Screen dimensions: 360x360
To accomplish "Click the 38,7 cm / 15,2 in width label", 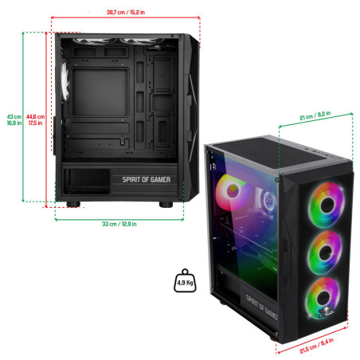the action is pyautogui.click(x=126, y=12).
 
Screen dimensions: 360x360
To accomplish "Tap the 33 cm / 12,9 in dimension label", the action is pyautogui.click(x=119, y=224).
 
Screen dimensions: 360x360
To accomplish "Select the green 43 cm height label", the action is pyautogui.click(x=14, y=119).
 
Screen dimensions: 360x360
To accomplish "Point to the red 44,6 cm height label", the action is pyautogui.click(x=35, y=119).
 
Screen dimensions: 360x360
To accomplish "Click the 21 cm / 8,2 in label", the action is pyautogui.click(x=315, y=115).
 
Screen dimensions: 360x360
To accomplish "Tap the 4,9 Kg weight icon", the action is pyautogui.click(x=185, y=280).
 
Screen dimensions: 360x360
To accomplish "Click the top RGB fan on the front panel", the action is pyautogui.click(x=327, y=205).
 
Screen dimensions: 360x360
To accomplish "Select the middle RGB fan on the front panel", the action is pyautogui.click(x=325, y=252).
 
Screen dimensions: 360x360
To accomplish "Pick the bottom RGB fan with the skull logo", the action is pyautogui.click(x=323, y=298).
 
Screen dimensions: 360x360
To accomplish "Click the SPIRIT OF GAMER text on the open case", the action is pyautogui.click(x=147, y=180).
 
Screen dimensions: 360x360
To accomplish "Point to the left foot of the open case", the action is pyautogui.click(x=73, y=204).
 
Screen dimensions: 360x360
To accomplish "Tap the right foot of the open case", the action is pyautogui.click(x=166, y=204).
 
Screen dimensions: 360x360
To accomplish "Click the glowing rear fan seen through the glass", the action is pyautogui.click(x=232, y=192).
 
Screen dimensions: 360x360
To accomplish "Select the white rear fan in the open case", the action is pyautogui.click(x=65, y=80).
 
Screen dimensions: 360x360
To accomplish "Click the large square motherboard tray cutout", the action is pyautogui.click(x=100, y=92).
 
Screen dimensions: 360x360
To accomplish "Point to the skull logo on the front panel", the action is pyautogui.click(x=326, y=311).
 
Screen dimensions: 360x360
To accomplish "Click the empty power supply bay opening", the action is pyautogui.click(x=87, y=182).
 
